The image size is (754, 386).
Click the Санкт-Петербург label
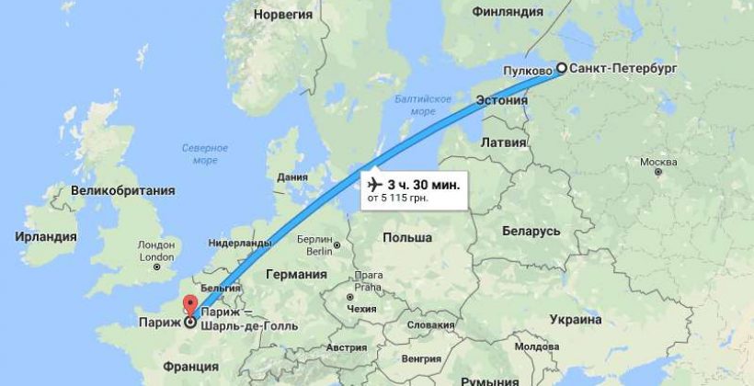tap(625, 69)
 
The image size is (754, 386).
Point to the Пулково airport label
tap(527, 70)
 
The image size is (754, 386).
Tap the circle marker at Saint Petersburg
tap(561, 70)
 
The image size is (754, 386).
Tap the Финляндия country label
tap(508, 13)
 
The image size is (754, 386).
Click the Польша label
tap(408, 237)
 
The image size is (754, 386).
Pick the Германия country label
tap(295, 275)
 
